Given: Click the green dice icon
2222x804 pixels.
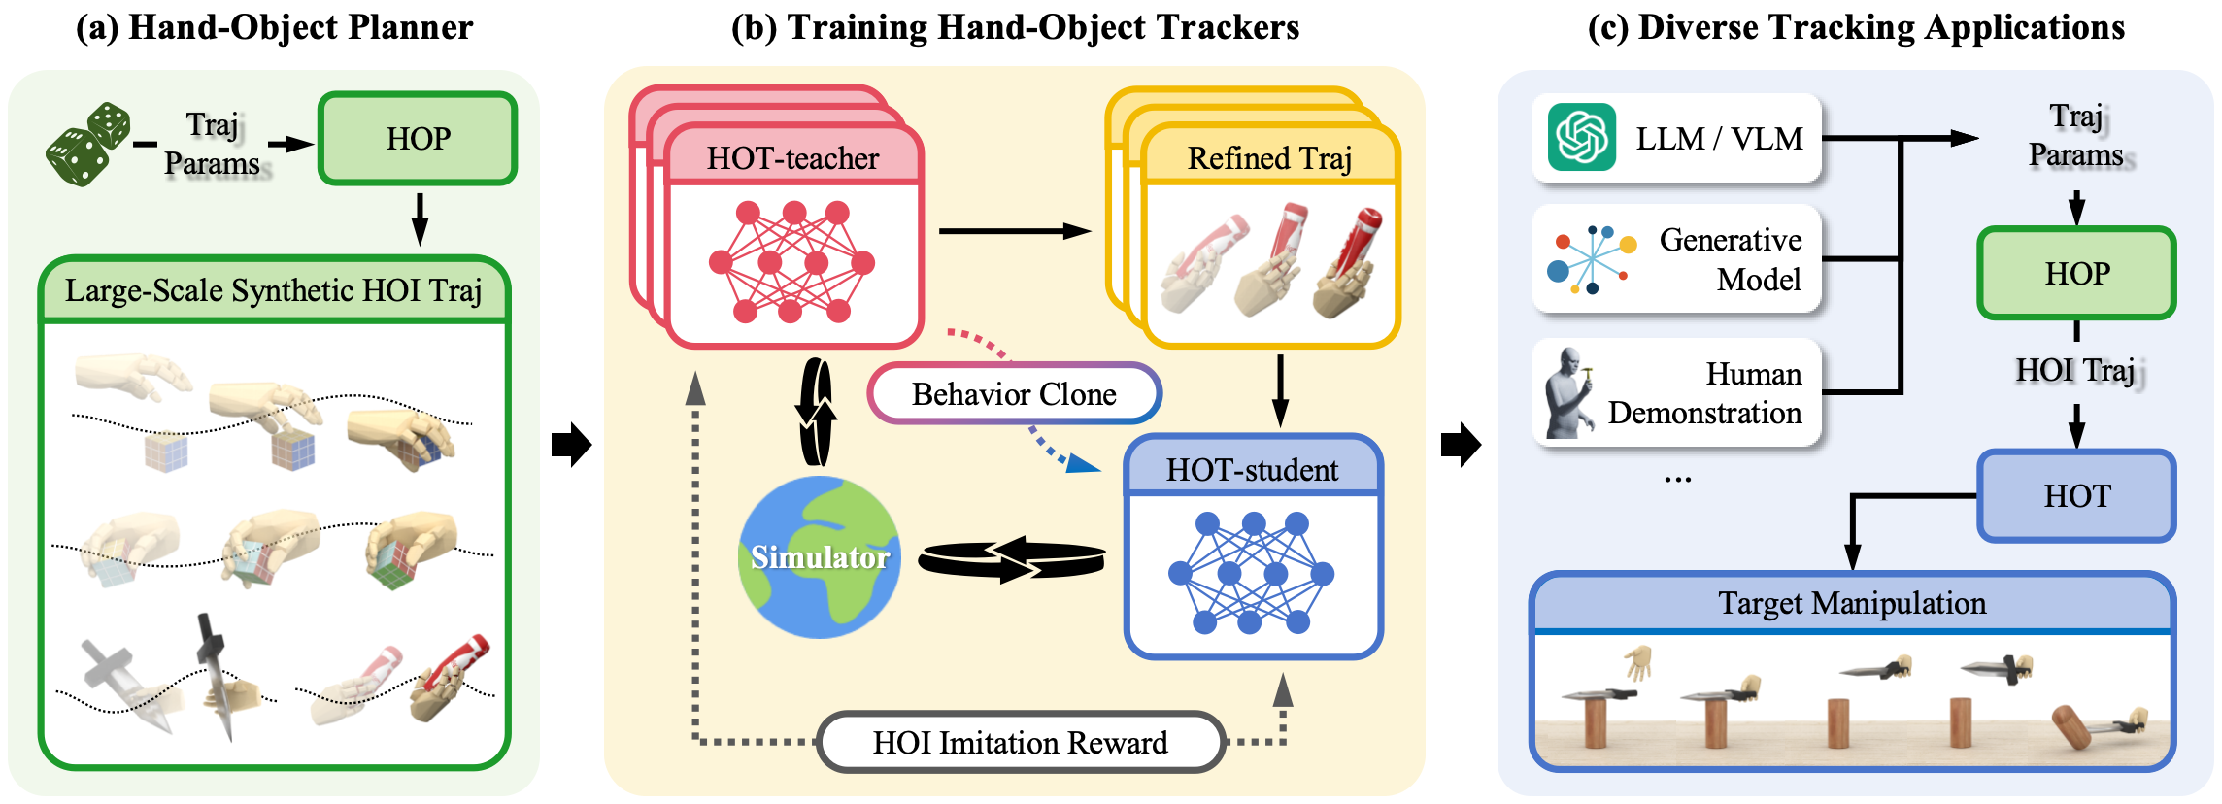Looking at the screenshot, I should pos(88,145).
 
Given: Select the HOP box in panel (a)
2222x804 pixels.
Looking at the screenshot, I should pos(418,139).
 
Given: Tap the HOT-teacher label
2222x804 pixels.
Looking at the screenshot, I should pos(792,158).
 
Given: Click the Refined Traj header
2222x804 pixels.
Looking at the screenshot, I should pos(1269,158).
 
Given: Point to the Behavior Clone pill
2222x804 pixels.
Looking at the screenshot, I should pos(1014,394).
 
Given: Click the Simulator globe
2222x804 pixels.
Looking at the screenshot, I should pos(819,556).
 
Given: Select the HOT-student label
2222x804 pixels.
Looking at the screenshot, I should pos(1252,470).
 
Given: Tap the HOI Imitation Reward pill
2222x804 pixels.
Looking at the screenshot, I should pos(1020,743).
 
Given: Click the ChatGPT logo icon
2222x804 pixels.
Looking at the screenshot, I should pos(1581,138).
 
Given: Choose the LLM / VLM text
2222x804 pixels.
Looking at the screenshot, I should pos(1719,139).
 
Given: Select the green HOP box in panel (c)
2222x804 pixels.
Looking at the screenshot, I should pos(2076,274).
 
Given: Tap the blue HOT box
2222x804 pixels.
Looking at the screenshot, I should pos(2076,496).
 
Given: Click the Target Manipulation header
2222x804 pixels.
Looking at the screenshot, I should pos(1851,604).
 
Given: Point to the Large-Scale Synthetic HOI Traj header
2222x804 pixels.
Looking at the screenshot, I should pos(274,290).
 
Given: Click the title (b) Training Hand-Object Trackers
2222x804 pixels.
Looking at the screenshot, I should pos(1015,27).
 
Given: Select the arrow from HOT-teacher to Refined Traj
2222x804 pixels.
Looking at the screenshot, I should pos(1015,231).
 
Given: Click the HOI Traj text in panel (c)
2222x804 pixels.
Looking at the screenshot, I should pos(2076,370).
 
